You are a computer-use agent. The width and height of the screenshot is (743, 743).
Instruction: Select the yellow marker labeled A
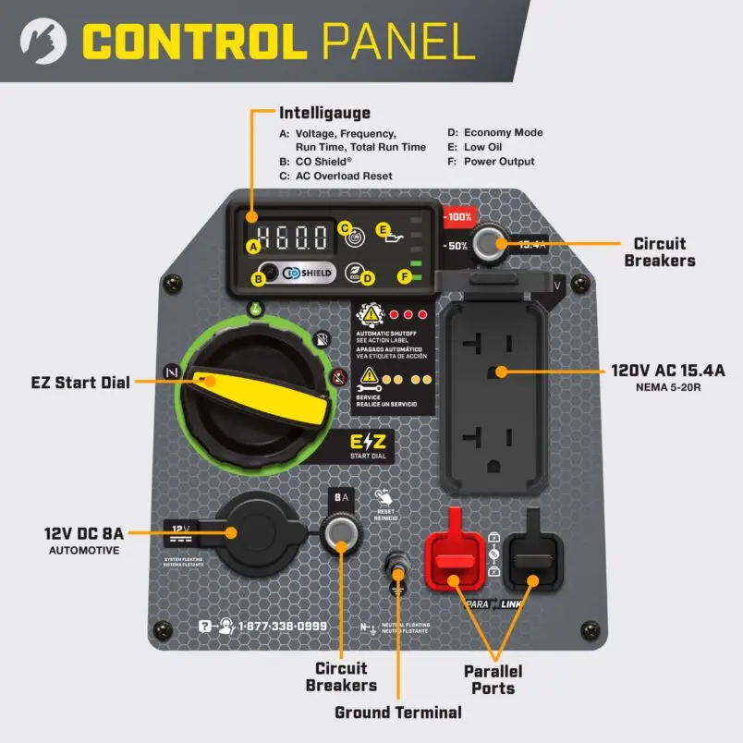click(x=252, y=247)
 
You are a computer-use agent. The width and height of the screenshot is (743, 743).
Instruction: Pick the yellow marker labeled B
click(x=261, y=275)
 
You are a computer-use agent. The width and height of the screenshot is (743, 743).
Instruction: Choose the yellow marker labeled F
click(x=404, y=274)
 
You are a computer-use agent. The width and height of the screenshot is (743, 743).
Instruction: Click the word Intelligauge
click(x=324, y=114)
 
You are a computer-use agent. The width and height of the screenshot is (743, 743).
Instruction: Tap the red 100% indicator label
click(x=459, y=218)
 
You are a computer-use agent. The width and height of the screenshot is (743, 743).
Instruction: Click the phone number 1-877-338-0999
click(x=283, y=626)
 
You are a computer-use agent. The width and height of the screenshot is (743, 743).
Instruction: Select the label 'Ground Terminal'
click(x=398, y=712)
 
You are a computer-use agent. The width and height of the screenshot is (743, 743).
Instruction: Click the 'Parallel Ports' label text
click(x=493, y=679)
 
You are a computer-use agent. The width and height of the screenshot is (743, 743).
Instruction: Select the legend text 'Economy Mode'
click(x=503, y=133)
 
